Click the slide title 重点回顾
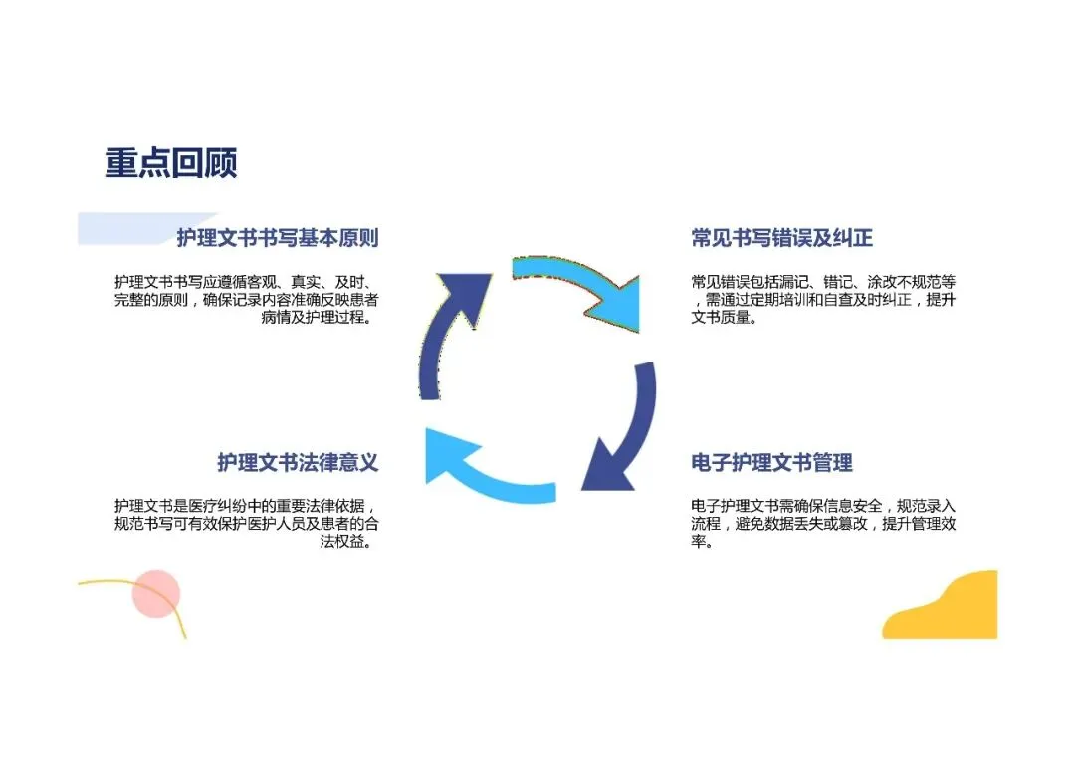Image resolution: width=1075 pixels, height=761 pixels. click(171, 163)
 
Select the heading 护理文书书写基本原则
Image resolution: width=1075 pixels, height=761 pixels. click(278, 238)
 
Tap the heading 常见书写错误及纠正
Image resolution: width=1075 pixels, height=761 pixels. click(781, 238)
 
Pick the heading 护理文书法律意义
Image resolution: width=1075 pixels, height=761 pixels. click(298, 463)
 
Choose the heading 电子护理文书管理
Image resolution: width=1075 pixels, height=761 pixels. click(771, 463)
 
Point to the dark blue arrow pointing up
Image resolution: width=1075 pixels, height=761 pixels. click(448, 329)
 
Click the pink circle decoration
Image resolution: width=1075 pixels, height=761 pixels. click(156, 594)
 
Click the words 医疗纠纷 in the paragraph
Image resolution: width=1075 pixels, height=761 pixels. click(228, 506)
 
